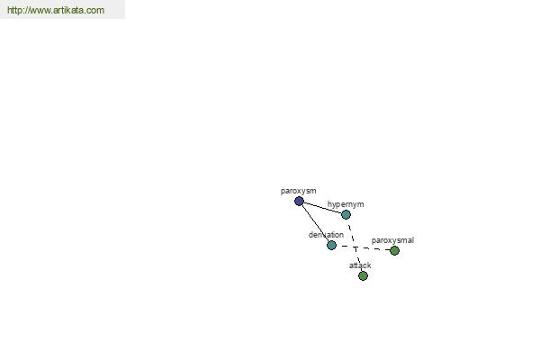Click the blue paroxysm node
(x=299, y=202)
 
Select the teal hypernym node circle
(x=346, y=214)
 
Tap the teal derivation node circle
(x=331, y=246)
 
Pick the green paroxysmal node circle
(x=394, y=250)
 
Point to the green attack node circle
(x=363, y=275)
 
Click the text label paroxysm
(x=298, y=191)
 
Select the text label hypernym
(x=346, y=204)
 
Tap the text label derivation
(x=326, y=235)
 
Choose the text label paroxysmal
(x=392, y=240)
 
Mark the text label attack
(x=360, y=265)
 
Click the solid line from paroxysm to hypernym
(x=322, y=208)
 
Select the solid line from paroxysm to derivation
(x=315, y=223)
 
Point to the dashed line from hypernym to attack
(x=355, y=246)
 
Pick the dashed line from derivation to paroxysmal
(x=363, y=248)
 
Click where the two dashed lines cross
(x=355, y=247)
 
